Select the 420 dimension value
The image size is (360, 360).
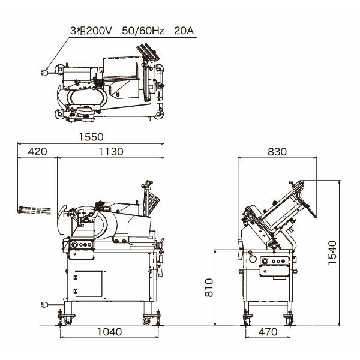[x=37, y=152]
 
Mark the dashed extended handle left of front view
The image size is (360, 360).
[x=33, y=209]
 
